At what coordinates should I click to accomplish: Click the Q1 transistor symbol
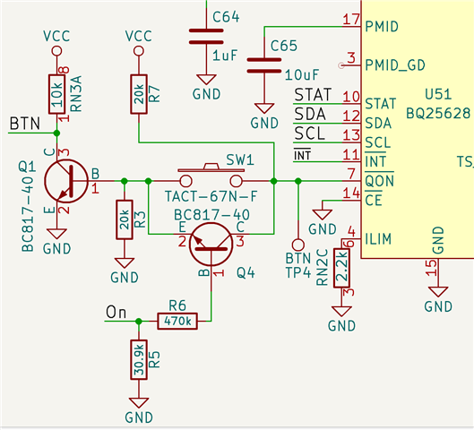tap(66, 181)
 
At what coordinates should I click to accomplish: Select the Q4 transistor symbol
tap(211, 245)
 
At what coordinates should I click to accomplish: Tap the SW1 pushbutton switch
tap(211, 176)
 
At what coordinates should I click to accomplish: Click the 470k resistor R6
tap(177, 321)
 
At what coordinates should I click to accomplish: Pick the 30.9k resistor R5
tap(139, 359)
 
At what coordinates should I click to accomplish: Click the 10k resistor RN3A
tap(56, 94)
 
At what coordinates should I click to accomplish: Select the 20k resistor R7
tap(139, 94)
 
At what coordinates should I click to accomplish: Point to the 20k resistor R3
tap(125, 219)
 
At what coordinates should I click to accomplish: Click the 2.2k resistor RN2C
tap(341, 268)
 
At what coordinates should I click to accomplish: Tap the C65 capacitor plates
tap(264, 65)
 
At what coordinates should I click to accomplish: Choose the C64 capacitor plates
tap(206, 36)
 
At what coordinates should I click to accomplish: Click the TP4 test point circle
tap(298, 245)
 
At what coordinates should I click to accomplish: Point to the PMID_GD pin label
tap(395, 65)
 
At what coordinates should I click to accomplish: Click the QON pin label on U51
tap(379, 181)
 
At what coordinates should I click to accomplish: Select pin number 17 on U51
tap(351, 20)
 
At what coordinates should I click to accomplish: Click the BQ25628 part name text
tap(438, 114)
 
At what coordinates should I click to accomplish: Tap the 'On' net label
tap(116, 312)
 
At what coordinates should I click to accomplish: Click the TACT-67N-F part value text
tap(211, 196)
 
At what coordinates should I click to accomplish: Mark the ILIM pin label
tap(378, 239)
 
